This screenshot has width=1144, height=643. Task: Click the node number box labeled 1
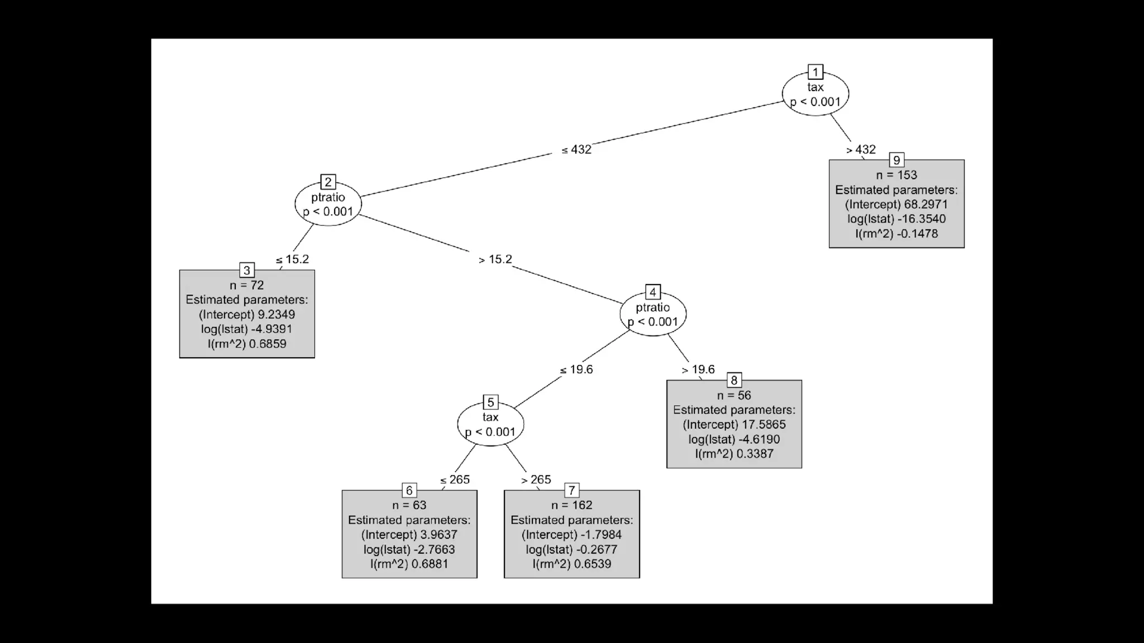[x=815, y=72]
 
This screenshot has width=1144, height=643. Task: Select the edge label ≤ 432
[x=576, y=150]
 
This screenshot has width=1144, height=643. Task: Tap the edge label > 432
[x=861, y=150]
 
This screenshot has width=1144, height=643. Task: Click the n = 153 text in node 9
[x=897, y=175]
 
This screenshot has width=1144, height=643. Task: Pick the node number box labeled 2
[x=328, y=182]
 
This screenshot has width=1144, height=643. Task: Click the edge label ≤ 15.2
[x=292, y=260]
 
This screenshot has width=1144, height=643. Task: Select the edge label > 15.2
[x=495, y=260]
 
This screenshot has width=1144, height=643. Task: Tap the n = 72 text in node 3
[x=247, y=285]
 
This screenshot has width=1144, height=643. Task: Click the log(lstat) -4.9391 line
[x=247, y=329]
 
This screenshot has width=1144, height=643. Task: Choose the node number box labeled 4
[x=652, y=292]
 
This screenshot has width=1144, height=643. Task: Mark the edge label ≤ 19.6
[x=576, y=370]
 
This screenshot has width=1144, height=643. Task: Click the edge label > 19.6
[x=698, y=370]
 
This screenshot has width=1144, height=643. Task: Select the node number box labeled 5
[x=490, y=402]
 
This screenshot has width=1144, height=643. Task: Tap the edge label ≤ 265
[x=455, y=480]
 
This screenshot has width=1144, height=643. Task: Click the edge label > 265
[x=536, y=480]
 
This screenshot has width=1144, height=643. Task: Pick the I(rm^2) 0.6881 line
[x=409, y=564]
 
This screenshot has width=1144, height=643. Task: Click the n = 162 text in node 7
[x=571, y=505]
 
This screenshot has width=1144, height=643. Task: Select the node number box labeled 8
[x=734, y=381]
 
